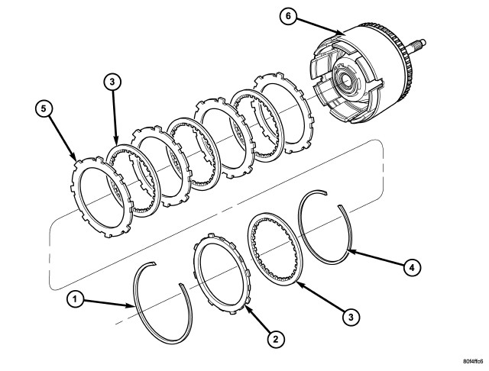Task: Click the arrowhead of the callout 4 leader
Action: coord(348,250)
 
